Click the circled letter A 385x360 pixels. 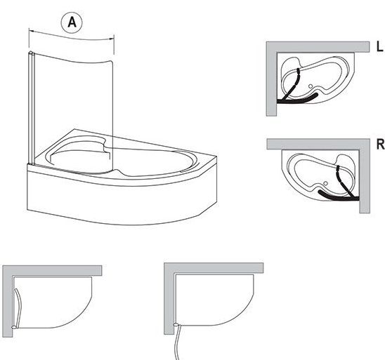tap(72, 22)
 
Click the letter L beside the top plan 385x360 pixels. tap(379, 46)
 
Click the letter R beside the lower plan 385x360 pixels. tap(380, 144)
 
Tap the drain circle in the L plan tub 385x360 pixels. tap(311, 86)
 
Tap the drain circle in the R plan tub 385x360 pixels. tap(326, 183)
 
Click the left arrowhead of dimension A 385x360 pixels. tap(31, 31)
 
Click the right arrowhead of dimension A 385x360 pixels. tap(112, 39)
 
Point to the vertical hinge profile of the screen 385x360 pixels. tap(31, 108)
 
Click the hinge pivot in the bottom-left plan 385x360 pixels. tap(15, 326)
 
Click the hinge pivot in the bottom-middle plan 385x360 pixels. tap(176, 325)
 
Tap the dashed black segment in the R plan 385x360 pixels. tap(339, 173)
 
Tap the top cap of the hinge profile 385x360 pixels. tap(31, 53)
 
